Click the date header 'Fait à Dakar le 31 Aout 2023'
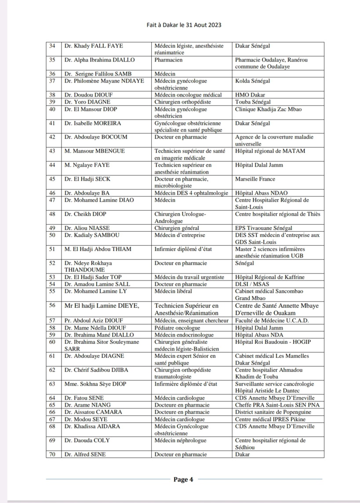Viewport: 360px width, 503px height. [x=184, y=25]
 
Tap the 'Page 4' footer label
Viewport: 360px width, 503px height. [x=183, y=480]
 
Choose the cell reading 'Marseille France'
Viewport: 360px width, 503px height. [x=255, y=179]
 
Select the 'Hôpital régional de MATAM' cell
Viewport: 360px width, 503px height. [x=270, y=151]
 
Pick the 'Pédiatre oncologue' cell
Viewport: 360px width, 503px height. [x=176, y=328]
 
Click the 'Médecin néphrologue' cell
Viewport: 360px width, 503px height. [x=180, y=440]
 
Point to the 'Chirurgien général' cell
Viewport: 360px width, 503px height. [x=177, y=228]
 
